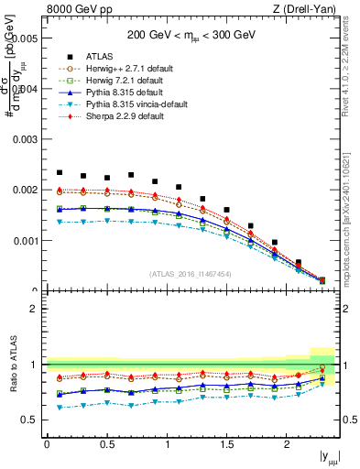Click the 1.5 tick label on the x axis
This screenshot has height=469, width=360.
pyautogui.click(x=226, y=444)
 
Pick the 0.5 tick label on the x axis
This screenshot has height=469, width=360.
pyautogui.click(x=106, y=444)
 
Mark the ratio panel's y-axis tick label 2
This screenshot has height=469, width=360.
pyautogui.click(x=34, y=309)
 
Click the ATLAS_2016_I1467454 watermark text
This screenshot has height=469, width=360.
pyautogui.click(x=191, y=274)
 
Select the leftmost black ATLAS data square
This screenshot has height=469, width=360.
pyautogui.click(x=59, y=172)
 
